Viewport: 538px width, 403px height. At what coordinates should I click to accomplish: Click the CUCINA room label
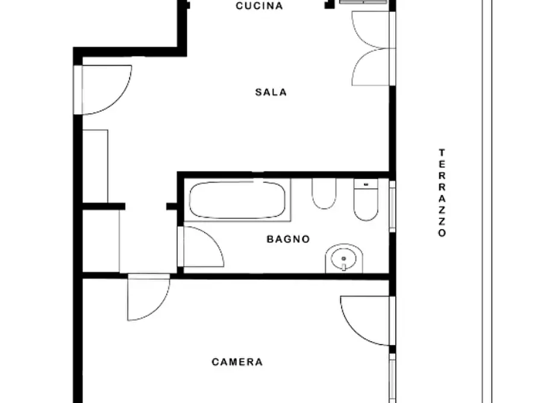pyautogui.click(x=260, y=6)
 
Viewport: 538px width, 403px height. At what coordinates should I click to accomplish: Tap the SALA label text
pyautogui.click(x=271, y=92)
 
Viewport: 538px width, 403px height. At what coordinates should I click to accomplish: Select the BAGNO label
pyautogui.click(x=288, y=239)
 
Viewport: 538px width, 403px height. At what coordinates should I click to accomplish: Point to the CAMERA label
pyautogui.click(x=237, y=362)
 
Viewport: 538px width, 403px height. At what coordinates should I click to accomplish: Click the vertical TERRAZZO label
pyautogui.click(x=442, y=193)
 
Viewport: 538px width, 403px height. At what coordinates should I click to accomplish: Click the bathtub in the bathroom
pyautogui.click(x=237, y=200)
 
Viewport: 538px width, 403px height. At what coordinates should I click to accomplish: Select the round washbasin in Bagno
pyautogui.click(x=344, y=259)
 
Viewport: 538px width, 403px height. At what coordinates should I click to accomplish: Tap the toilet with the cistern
pyautogui.click(x=366, y=200)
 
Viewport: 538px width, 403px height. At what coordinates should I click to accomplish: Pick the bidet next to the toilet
pyautogui.click(x=324, y=193)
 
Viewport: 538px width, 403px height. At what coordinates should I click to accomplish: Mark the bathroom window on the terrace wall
pyautogui.click(x=393, y=206)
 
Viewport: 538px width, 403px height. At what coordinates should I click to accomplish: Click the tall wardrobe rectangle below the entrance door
pyautogui.click(x=95, y=166)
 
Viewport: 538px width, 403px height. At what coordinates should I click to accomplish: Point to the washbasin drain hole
pyautogui.click(x=344, y=259)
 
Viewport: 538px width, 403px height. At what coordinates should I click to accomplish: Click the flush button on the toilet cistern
pyautogui.click(x=366, y=185)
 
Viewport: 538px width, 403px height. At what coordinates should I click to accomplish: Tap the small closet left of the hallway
pyautogui.click(x=101, y=241)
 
